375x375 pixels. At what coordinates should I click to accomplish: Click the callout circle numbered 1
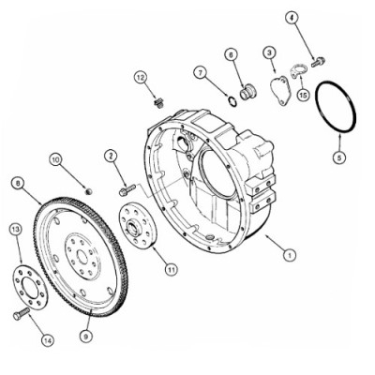290,255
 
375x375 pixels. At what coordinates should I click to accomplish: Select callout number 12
141,77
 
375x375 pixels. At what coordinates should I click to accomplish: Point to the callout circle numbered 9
86,336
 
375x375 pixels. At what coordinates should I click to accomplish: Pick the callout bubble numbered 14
48,340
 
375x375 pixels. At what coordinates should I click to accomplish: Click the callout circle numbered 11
171,269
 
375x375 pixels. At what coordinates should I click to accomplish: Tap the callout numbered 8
18,184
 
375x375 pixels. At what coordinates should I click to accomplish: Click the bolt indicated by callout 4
319,61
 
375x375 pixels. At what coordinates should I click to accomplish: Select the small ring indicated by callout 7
232,101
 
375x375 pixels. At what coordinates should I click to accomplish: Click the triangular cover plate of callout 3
280,90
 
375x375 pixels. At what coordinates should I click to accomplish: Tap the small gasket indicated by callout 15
298,70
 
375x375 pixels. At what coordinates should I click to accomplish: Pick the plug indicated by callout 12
159,103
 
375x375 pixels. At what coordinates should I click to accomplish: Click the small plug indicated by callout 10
89,190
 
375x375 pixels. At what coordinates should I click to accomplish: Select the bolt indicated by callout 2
127,190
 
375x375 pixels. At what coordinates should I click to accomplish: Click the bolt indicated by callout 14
22,313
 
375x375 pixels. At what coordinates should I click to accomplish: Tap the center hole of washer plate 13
30,288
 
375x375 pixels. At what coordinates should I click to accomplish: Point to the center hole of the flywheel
82,257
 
